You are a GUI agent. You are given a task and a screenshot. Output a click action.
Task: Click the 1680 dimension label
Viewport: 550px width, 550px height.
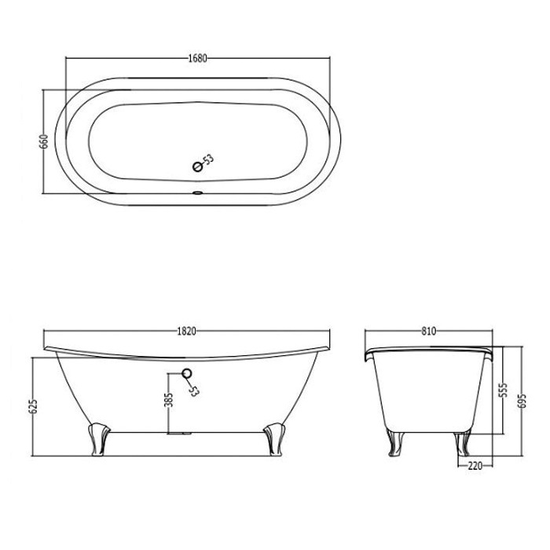coord(198,58)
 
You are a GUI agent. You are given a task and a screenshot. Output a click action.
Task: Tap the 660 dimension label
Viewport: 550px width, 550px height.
coord(45,141)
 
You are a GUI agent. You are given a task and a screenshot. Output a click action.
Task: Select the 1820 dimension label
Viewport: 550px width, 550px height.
coord(186,331)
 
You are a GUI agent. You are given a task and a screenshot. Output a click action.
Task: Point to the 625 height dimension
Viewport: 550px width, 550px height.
coord(34,406)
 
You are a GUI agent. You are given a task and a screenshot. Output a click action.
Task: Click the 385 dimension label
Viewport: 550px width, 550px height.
coord(169,400)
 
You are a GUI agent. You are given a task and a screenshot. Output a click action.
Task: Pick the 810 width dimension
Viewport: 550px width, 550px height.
coord(429,331)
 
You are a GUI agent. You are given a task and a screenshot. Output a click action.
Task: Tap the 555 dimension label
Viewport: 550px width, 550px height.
coord(503,390)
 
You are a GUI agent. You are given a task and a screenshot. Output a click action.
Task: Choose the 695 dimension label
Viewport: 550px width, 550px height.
coord(522,401)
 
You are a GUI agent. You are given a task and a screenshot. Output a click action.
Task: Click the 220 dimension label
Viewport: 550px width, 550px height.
coord(475,466)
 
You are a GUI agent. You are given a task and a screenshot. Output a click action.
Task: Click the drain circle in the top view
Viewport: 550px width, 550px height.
coord(198,167)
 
